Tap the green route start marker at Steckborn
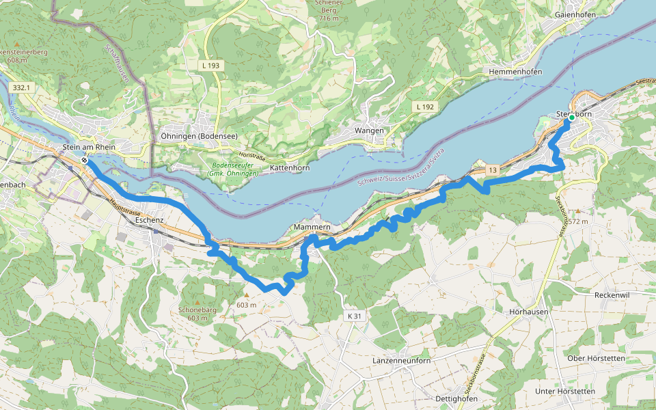pos(571,118)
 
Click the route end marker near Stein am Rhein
pos(83,161)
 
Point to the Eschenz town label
pos(150,220)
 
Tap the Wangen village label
pos(369,131)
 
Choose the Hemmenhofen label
pos(516,72)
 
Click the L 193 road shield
pos(211,65)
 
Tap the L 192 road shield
pos(424,107)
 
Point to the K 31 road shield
pos(353,316)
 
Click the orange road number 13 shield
pos(492,169)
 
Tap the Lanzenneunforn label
pos(402,360)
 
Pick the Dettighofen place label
pos(456,398)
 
